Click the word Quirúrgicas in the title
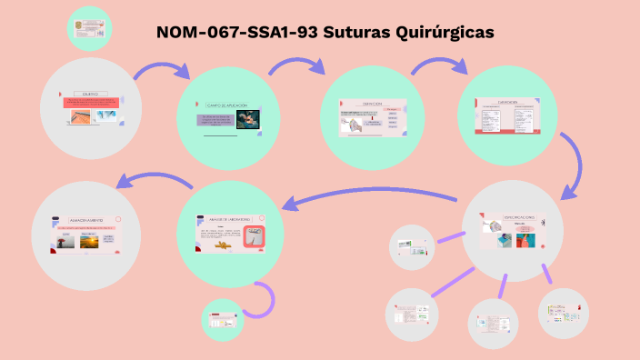click(445, 32)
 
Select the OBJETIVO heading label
click(90, 94)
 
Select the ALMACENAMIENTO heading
click(86, 220)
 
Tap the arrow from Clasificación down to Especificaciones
click(575, 165)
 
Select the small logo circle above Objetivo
click(89, 29)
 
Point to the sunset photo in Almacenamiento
click(91, 241)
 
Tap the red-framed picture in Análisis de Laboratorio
click(255, 236)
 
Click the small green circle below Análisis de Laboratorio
click(222, 320)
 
